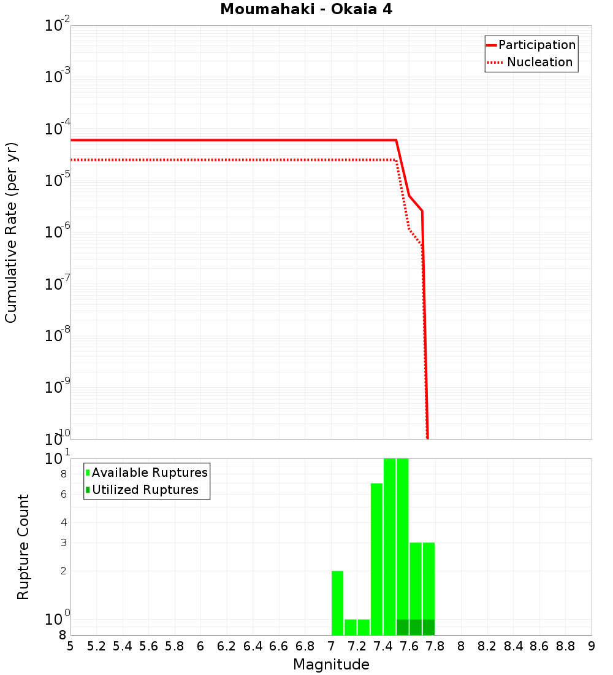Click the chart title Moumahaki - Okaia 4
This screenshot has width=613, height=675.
tap(306, 10)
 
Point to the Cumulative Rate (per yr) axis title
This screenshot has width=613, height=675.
tap(11, 233)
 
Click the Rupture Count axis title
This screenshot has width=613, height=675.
tap(23, 547)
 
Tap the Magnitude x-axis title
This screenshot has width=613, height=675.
tap(331, 665)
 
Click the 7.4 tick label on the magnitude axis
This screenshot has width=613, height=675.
tap(383, 646)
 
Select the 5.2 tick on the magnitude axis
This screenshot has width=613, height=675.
tap(96, 646)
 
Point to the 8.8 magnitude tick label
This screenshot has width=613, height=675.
tap(566, 646)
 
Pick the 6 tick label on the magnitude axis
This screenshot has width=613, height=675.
tap(200, 646)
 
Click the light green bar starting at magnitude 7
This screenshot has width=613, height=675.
tap(337, 603)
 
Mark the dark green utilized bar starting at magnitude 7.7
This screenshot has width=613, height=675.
tap(428, 627)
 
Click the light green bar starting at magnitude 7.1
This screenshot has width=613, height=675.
tap(351, 627)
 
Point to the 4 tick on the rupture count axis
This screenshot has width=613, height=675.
tap(63, 523)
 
